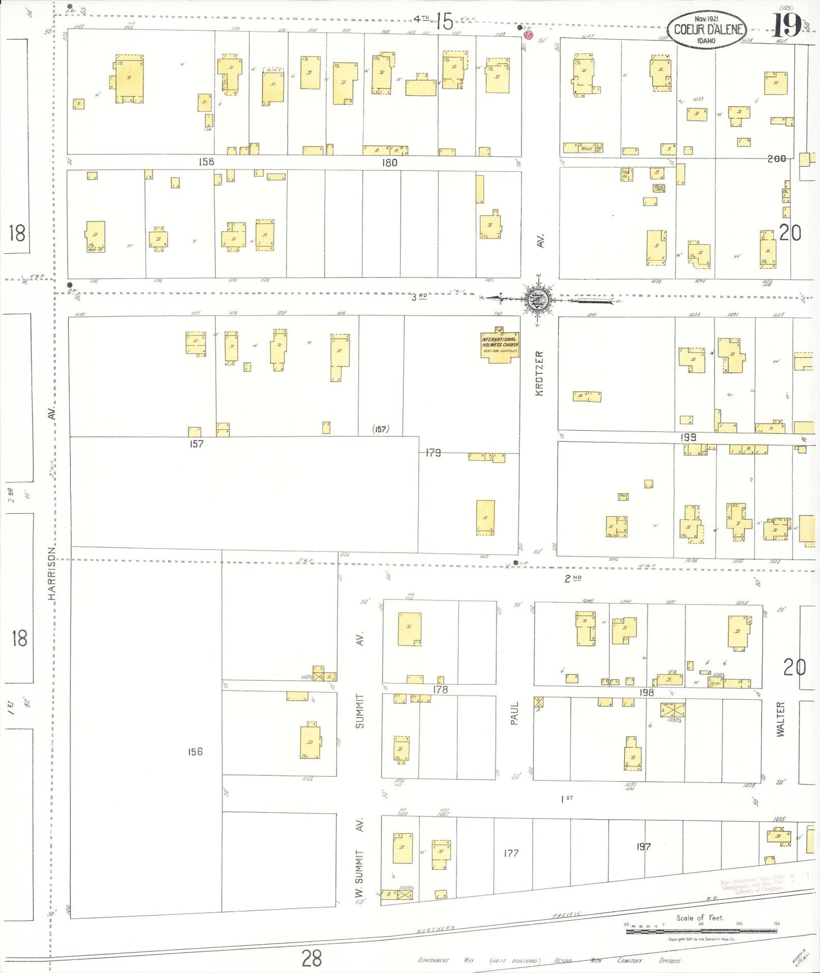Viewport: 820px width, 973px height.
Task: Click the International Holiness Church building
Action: pos(500,346)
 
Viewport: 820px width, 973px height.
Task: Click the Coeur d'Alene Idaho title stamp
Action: pos(707,30)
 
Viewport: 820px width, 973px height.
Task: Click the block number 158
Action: pos(207,162)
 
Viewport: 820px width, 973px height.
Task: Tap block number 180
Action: pos(389,163)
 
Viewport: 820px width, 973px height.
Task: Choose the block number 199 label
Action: pos(688,437)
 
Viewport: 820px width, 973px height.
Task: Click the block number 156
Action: pos(195,752)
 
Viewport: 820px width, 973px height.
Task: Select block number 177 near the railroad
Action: pos(511,853)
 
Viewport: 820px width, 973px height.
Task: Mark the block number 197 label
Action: pos(643,846)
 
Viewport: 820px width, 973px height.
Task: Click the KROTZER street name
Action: pos(539,373)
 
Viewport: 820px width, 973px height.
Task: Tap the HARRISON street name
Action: pos(52,573)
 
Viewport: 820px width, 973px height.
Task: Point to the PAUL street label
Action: pos(515,713)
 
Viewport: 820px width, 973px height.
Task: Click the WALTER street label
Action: pos(780,719)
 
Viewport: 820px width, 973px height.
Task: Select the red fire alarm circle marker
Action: pos(529,35)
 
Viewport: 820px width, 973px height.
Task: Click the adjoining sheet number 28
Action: pos(312,958)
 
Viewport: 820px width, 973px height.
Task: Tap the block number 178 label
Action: pos(440,690)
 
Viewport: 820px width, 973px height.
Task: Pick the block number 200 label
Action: pos(776,159)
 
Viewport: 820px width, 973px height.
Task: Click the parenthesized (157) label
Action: pos(381,429)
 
